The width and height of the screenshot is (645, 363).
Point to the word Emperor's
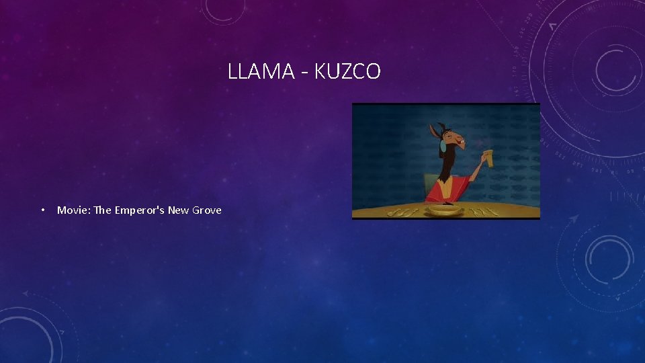click(139, 210)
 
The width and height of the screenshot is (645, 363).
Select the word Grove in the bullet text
click(207, 210)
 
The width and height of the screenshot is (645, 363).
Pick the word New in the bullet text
click(178, 210)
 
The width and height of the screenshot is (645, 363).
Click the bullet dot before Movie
click(42, 210)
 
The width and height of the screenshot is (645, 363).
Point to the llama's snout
click(463, 142)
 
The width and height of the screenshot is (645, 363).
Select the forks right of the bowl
click(484, 210)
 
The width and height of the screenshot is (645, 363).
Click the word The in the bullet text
click(102, 210)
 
